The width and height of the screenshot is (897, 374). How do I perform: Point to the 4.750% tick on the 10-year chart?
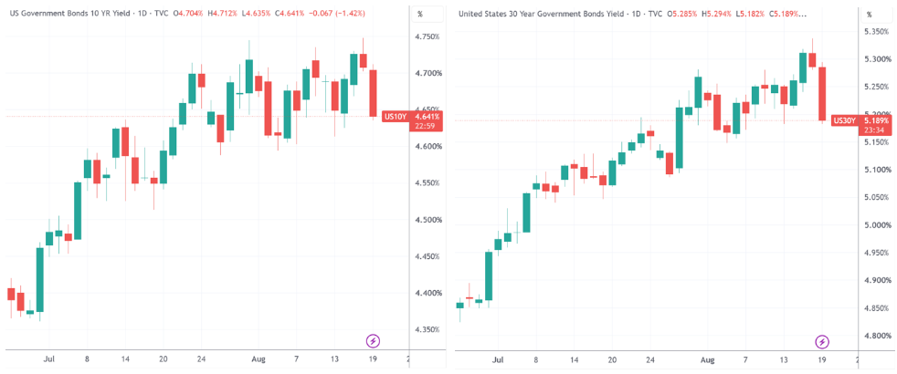(427, 37)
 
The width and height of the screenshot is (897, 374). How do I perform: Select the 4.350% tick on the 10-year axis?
(427, 329)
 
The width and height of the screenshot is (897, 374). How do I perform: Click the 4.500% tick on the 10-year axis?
(427, 220)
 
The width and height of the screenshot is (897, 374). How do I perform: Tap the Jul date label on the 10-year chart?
(49, 359)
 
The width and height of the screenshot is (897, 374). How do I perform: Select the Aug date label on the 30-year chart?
(708, 361)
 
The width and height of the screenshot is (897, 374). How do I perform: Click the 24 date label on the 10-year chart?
(201, 359)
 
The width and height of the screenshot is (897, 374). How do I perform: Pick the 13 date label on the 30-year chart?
(785, 361)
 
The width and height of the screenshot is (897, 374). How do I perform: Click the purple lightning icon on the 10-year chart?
(373, 341)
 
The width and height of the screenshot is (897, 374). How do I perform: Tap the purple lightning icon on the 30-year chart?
(822, 342)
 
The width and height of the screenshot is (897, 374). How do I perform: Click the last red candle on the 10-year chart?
(373, 93)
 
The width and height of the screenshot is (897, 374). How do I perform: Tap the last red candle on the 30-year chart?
(822, 94)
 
